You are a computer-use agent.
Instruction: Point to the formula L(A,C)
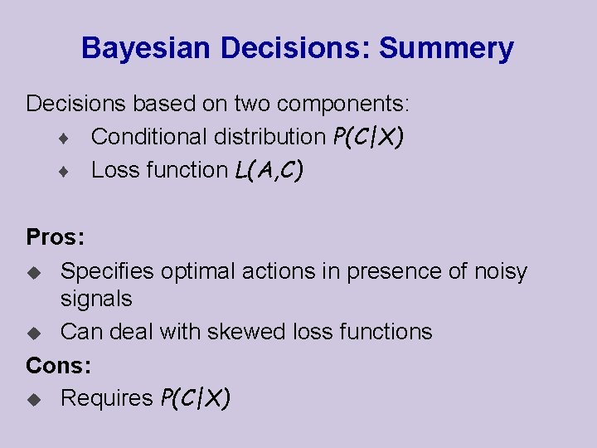[x=269, y=170]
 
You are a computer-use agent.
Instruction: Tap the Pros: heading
[x=56, y=237]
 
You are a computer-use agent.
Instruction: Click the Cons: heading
[x=59, y=364]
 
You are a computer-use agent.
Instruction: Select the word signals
[x=96, y=298]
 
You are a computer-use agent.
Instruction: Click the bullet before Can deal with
[x=34, y=333]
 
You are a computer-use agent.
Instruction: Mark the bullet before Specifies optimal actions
[x=34, y=272]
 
